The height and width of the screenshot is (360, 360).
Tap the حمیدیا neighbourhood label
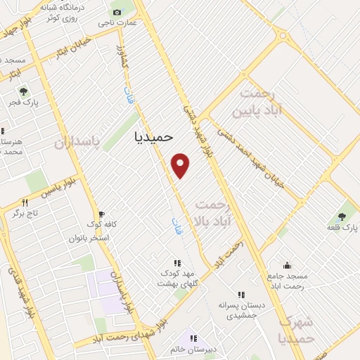(153, 138)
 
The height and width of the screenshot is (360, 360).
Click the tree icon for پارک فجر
(24, 91)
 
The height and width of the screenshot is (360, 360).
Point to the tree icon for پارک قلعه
(342, 217)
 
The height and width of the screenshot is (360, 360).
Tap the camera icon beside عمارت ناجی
(117, 12)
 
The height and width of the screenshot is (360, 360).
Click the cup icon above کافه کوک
(101, 213)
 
